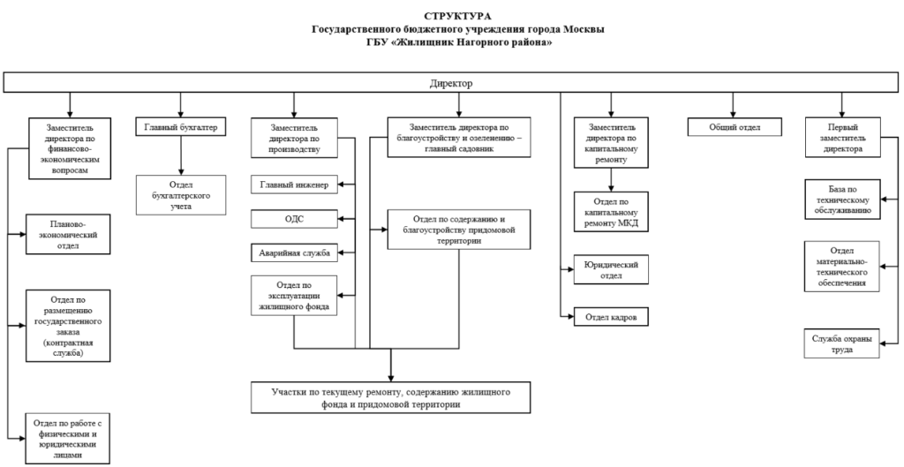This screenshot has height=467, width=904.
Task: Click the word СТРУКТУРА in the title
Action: point(458,16)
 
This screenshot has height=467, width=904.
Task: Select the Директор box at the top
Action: point(451,82)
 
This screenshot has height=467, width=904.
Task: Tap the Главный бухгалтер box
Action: point(180,127)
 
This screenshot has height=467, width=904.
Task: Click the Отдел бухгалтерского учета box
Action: point(181,195)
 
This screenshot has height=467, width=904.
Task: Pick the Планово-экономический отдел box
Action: point(68,234)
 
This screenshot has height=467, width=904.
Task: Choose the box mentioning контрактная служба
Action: point(68,326)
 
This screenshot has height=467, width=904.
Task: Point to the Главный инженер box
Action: point(294,185)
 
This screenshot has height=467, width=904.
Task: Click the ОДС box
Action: point(294,219)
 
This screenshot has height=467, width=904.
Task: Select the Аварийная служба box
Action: point(294,252)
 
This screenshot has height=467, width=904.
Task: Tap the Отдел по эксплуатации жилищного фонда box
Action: point(294,295)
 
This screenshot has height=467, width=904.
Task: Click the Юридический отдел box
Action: point(611,269)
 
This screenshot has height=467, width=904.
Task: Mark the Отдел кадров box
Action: point(611,317)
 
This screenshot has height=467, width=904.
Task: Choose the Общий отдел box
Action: point(734,127)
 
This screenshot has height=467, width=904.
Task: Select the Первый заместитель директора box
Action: point(843,137)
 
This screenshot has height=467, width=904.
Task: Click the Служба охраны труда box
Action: point(841,343)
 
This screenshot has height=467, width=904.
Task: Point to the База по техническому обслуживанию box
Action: point(843,199)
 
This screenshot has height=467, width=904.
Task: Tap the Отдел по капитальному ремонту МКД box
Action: point(611,212)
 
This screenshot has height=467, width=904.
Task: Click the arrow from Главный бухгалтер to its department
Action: point(181,155)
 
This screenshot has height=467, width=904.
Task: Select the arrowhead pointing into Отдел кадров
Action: point(570,317)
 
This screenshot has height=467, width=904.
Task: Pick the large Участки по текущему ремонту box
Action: point(390,397)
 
